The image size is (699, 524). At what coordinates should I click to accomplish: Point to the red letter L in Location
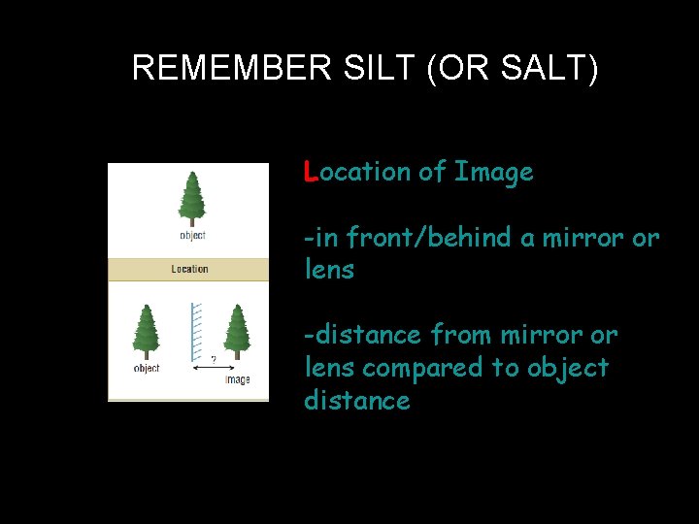[310, 172]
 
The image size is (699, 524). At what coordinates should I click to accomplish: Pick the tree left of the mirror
[147, 331]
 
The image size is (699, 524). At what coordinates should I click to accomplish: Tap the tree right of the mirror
[237, 331]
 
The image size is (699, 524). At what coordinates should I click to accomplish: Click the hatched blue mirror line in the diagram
[192, 335]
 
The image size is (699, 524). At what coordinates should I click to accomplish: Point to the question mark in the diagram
[214, 360]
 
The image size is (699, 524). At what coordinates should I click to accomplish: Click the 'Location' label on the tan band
[189, 269]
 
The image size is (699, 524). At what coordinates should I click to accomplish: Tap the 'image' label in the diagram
[237, 379]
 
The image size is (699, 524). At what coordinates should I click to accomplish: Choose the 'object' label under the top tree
[192, 236]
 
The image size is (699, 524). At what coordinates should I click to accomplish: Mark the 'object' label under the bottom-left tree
[147, 369]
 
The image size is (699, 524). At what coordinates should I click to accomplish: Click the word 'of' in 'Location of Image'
[431, 173]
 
